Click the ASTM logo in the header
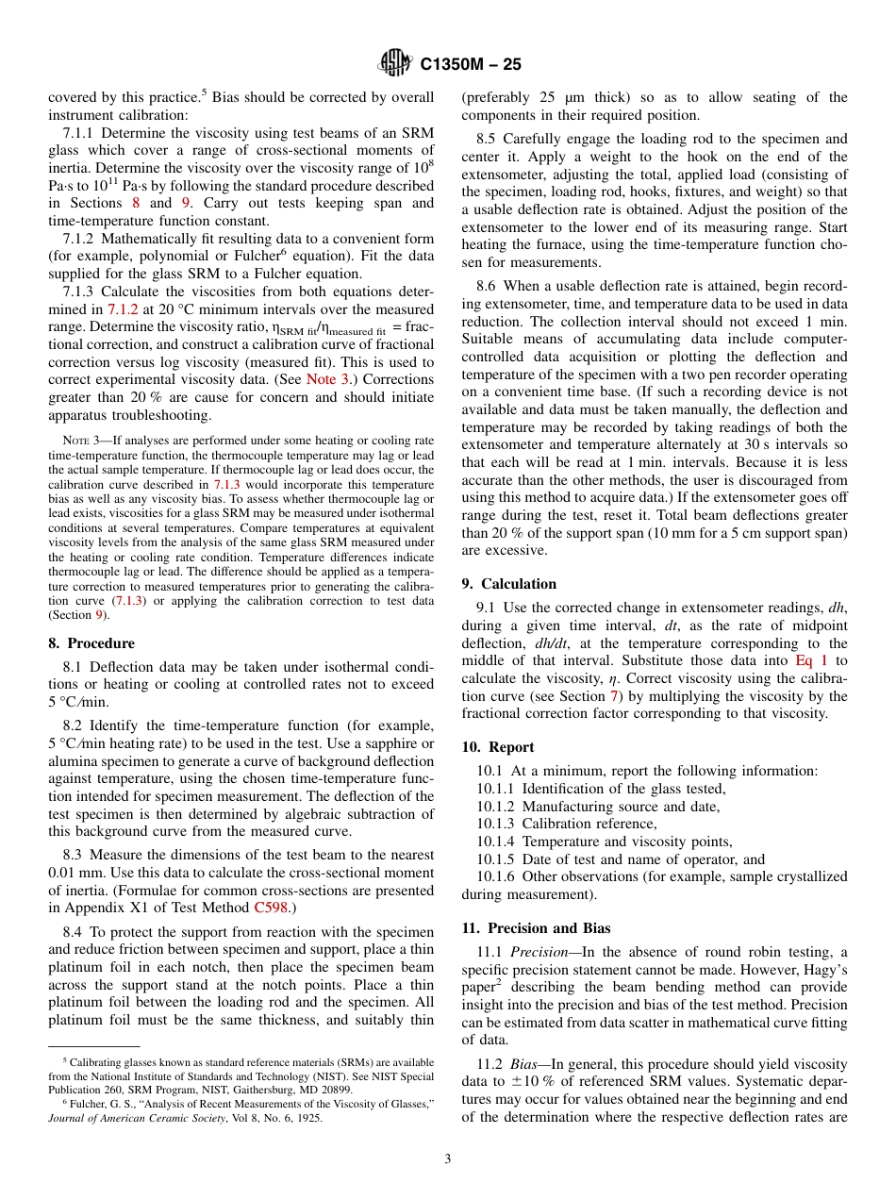(x=394, y=63)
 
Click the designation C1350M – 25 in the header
(x=470, y=64)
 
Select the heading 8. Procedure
(x=91, y=643)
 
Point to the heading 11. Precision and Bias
(x=536, y=927)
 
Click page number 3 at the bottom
(x=448, y=1158)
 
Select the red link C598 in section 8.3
(x=272, y=908)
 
